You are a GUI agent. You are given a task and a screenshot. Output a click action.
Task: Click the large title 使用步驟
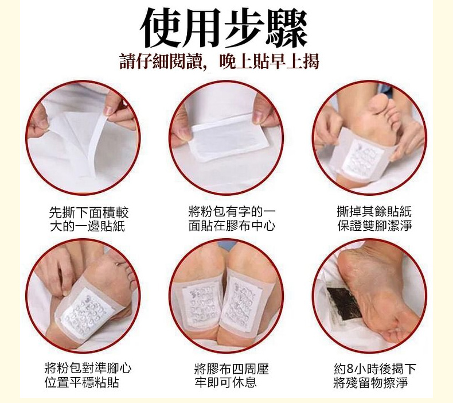tap(223, 28)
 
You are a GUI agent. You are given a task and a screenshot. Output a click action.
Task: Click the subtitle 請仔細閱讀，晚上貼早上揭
tap(219, 61)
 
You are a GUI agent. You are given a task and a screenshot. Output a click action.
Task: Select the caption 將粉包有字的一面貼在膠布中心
tap(232, 219)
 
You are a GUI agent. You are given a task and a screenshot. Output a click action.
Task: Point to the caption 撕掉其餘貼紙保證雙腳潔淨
tap(374, 219)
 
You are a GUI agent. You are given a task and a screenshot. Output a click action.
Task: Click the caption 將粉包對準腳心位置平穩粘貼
tap(88, 375)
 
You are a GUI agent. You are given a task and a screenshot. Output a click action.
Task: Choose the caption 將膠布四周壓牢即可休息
tap(232, 375)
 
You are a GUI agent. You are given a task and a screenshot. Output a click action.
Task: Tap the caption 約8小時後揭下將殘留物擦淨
tap(374, 375)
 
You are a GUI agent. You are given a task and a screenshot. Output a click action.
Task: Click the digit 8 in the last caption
tap(350, 369)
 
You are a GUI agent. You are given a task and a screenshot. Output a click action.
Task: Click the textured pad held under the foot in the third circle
tap(365, 158)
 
